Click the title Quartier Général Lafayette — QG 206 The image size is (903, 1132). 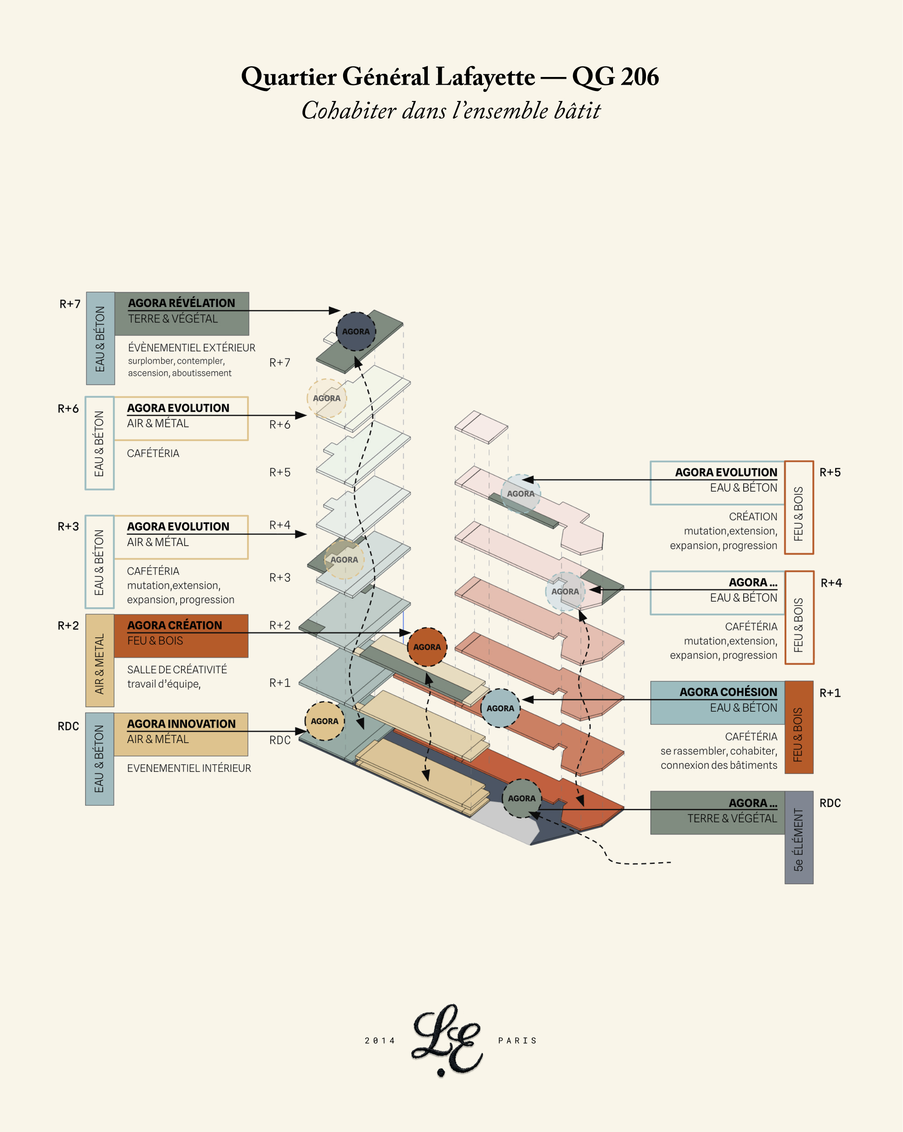coord(450,77)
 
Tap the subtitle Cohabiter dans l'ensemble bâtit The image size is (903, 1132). coord(450,111)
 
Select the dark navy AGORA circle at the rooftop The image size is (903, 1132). coord(356,331)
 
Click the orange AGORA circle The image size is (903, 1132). coord(427,647)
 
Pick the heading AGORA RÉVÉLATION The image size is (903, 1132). coord(181,303)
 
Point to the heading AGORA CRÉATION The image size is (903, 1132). coord(174,625)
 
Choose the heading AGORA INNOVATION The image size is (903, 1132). coord(181,724)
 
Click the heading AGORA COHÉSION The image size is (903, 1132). coord(728,692)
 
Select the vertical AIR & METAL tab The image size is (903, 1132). coord(100,664)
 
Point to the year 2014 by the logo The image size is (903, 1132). coord(380,1041)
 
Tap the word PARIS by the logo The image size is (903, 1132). coord(518,1041)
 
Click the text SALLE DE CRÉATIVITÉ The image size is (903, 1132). coord(177,669)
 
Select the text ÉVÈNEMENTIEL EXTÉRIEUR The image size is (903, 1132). coord(191,348)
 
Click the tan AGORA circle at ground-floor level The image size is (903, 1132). coord(325,721)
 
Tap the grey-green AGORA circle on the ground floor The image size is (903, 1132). coord(521,798)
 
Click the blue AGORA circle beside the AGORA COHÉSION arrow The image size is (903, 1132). coord(500,708)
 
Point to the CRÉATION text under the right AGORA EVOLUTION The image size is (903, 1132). coord(753,517)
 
